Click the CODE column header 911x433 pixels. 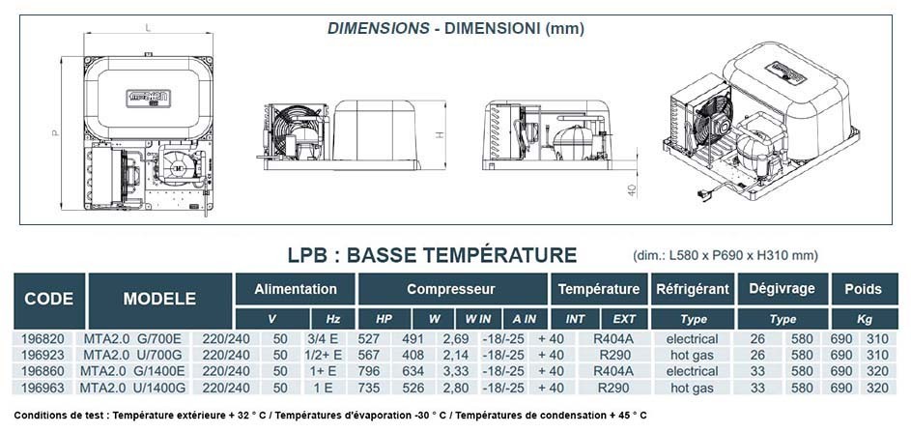49,300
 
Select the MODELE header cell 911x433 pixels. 159,300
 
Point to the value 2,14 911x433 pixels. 456,355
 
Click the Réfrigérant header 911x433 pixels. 692,289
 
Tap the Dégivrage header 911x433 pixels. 782,289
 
